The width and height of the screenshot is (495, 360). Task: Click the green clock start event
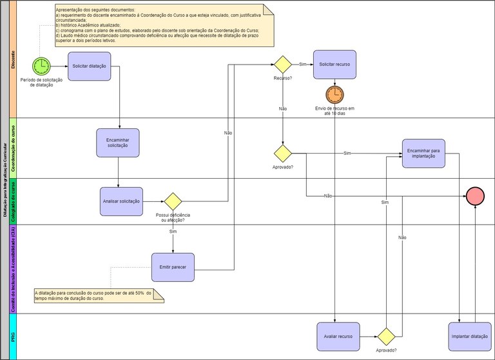(x=41, y=65)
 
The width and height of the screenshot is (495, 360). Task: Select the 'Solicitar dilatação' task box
(x=90, y=66)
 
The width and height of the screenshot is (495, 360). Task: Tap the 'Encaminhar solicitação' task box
(x=118, y=143)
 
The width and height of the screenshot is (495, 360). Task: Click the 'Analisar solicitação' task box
(x=121, y=201)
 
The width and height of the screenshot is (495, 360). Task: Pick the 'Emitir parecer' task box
(x=173, y=267)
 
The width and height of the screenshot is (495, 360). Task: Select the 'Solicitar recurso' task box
(x=335, y=65)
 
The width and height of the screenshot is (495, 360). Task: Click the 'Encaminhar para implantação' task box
(x=423, y=154)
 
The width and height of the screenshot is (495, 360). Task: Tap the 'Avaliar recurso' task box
(x=338, y=336)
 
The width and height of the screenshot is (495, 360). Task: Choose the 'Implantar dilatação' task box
(x=469, y=336)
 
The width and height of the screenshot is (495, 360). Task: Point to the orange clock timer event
(x=335, y=95)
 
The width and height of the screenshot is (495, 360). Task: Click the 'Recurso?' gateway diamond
(x=282, y=65)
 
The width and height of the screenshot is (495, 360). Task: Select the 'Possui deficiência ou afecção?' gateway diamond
(x=173, y=201)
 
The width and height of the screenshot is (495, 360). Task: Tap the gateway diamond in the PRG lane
(x=386, y=336)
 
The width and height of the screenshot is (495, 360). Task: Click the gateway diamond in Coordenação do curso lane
(x=282, y=154)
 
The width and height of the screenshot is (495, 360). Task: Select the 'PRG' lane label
(x=14, y=336)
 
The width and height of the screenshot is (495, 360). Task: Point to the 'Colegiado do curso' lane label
(x=14, y=201)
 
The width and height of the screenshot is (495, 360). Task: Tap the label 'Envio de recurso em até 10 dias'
(x=335, y=111)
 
